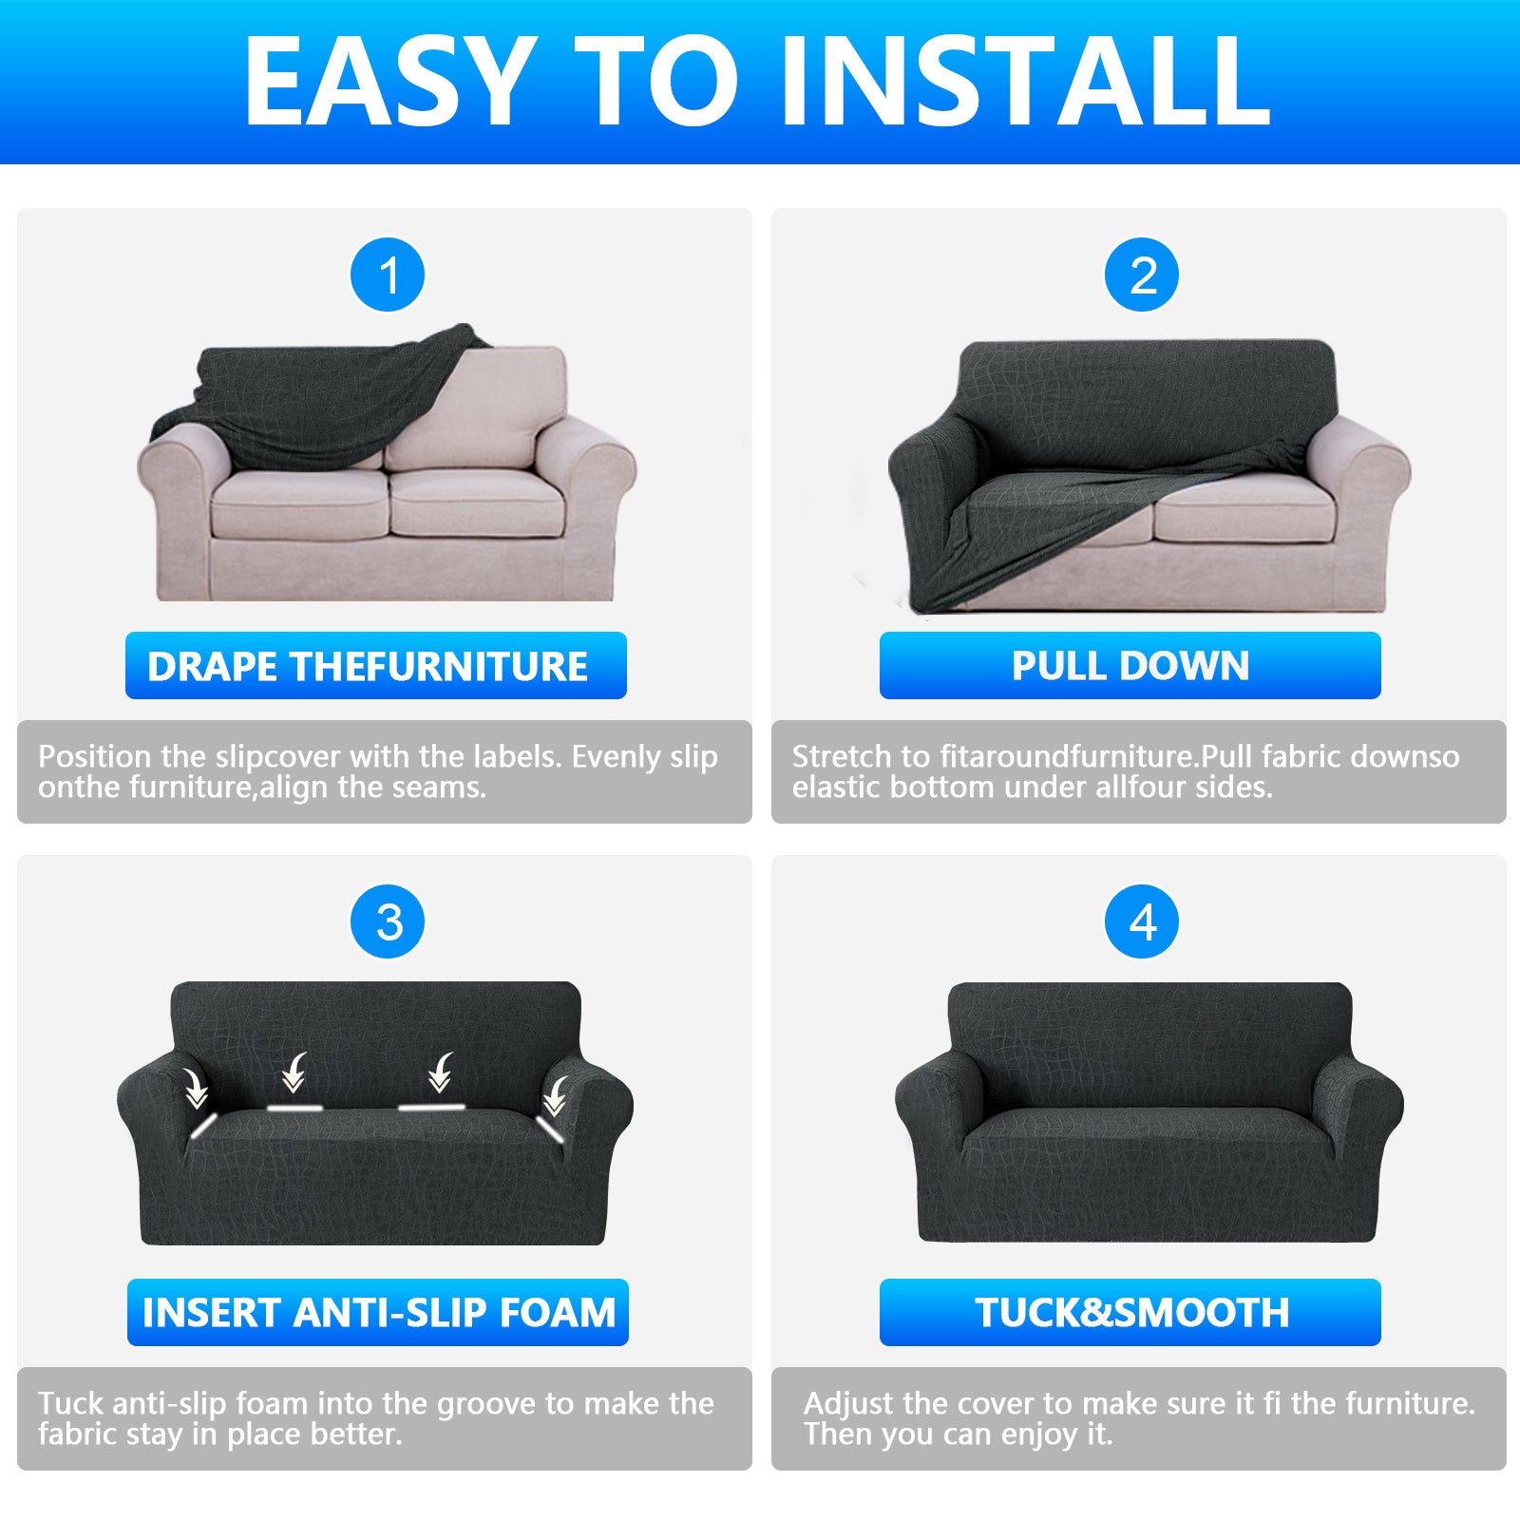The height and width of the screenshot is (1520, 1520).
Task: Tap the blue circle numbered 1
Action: pos(388,275)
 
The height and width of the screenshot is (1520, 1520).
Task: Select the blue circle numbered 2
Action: pos(1142,275)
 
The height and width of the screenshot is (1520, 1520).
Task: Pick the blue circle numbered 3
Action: pos(388,922)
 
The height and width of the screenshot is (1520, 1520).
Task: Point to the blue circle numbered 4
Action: pos(1142,922)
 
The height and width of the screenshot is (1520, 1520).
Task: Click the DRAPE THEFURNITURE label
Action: pos(375,666)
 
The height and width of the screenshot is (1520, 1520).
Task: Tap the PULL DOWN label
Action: pos(1130,666)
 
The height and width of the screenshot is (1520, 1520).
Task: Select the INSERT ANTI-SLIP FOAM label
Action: pos(378,1313)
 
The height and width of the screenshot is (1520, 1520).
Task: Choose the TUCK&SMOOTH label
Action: pos(1130,1313)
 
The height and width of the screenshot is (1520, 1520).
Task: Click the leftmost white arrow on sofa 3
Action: pos(197,1089)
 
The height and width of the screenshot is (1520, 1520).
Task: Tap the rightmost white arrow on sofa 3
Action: pos(555,1095)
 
